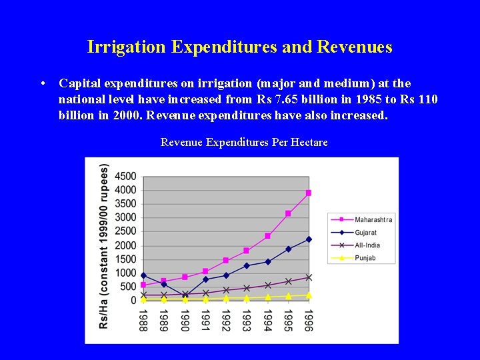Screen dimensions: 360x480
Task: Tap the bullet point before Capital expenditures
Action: click(43, 84)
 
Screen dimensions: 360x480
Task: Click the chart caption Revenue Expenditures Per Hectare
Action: click(244, 143)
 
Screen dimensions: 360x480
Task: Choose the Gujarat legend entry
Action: click(365, 233)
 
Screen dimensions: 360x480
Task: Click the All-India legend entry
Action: click(367, 245)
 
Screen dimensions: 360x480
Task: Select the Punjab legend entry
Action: click(365, 258)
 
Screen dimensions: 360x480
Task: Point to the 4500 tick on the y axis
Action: click(125, 177)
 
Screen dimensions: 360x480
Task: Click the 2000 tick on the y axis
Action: click(125, 245)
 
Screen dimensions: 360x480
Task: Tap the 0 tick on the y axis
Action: click(133, 301)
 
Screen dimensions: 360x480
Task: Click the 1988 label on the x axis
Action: click(143, 319)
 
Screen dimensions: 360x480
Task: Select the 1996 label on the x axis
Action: click(308, 319)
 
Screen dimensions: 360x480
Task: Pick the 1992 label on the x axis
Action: click(226, 319)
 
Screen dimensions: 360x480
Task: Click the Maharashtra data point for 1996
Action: click(308, 193)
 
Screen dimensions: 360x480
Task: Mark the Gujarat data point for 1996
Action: click(309, 239)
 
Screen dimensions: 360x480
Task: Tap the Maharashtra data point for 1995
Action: click(288, 213)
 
